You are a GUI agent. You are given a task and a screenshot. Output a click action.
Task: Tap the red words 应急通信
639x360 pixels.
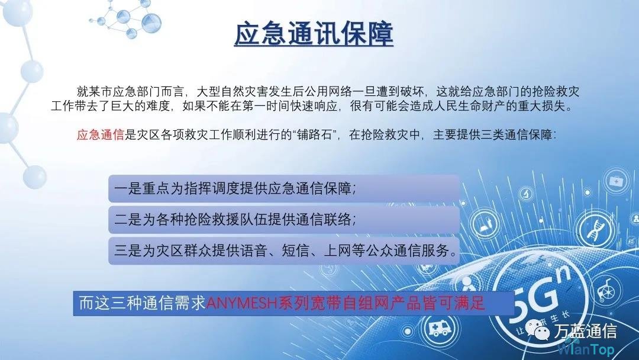100,134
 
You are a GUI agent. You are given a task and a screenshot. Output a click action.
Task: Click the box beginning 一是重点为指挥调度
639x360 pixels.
284,188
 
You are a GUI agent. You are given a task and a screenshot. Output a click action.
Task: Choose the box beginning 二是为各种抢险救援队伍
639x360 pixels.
284,220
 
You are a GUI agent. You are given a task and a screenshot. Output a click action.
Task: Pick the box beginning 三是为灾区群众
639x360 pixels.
284,250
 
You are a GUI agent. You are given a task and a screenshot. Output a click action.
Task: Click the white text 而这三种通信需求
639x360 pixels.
142,303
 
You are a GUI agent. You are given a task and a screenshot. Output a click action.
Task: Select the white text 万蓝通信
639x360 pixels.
585,330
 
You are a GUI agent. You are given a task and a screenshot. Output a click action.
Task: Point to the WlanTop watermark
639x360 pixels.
586,349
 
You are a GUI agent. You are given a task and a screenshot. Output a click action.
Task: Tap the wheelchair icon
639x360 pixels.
608,289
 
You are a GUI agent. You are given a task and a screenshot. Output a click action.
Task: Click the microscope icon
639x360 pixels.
527,193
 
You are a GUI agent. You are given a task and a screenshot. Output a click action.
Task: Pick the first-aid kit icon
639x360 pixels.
616,181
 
